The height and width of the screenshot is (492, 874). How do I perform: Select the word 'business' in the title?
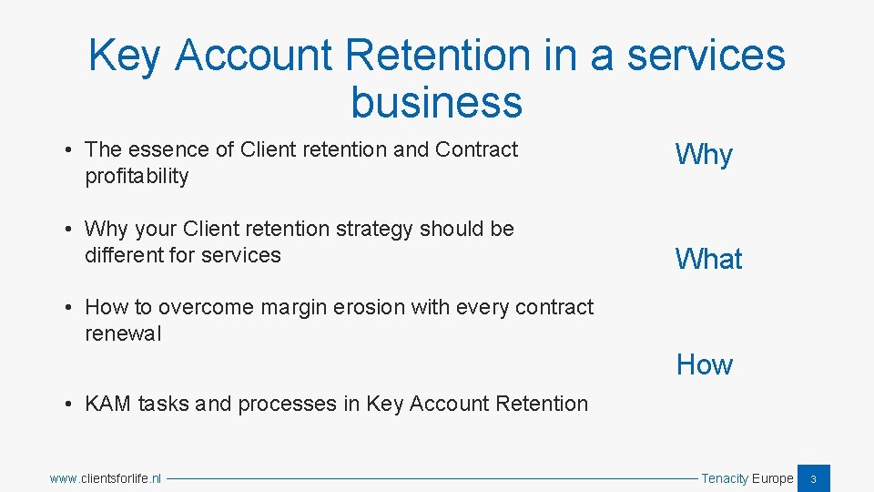(x=436, y=102)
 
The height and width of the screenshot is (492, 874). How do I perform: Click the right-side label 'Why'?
(x=704, y=156)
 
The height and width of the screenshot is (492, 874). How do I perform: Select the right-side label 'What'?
(x=708, y=260)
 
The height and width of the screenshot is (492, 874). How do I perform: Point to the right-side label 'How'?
(x=704, y=365)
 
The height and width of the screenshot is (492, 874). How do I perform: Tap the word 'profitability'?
(x=137, y=176)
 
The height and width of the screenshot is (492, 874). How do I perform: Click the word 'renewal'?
(x=123, y=333)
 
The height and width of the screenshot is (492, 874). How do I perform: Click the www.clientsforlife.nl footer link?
(x=106, y=478)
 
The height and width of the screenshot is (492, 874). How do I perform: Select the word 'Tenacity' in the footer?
(x=725, y=478)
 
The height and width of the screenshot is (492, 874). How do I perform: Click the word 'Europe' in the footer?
(x=772, y=478)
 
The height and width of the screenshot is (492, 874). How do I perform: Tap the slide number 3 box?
(x=814, y=478)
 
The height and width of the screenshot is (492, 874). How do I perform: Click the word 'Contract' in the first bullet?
(x=476, y=149)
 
